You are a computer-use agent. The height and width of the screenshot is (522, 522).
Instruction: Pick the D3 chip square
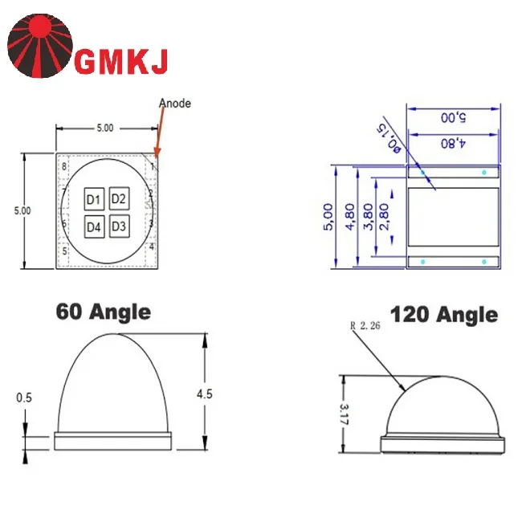tap(119, 226)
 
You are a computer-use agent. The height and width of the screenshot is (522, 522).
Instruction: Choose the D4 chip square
tap(94, 227)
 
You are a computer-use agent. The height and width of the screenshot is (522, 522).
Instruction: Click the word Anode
tap(175, 104)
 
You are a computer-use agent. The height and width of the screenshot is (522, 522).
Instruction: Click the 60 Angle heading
tap(103, 312)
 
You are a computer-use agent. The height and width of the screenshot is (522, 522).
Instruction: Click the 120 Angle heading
tap(443, 315)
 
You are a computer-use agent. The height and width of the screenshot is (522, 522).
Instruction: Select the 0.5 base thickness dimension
tap(25, 398)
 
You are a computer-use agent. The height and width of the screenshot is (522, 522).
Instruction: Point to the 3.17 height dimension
tap(344, 414)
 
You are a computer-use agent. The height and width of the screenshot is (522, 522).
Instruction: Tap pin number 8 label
tap(64, 166)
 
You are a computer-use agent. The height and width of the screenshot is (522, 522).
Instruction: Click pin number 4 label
tap(152, 247)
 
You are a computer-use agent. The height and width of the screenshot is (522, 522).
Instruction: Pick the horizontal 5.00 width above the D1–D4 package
tap(105, 128)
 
